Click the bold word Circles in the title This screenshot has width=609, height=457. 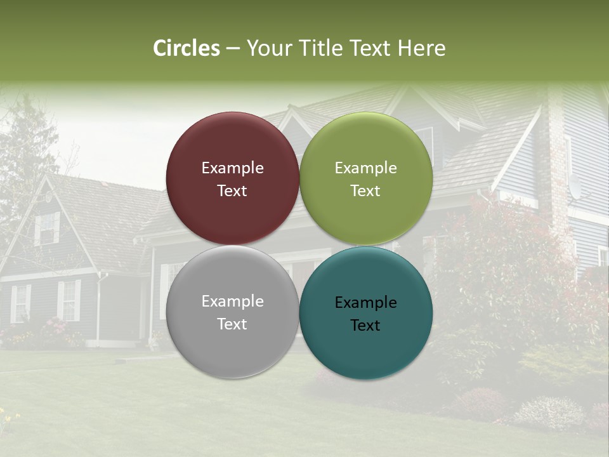pos(186,48)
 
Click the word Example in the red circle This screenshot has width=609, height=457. pos(232,168)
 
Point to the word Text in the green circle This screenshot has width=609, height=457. pos(365,191)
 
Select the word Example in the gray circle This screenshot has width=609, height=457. pos(232,301)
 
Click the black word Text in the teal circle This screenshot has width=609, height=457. pos(365,326)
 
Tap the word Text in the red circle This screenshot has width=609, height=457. pos(232,191)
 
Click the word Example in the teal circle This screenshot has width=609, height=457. pos(365,303)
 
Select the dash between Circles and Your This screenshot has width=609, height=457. pos(233,49)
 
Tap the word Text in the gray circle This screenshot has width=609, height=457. pos(232,324)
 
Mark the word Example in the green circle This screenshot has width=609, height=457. pos(365,168)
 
